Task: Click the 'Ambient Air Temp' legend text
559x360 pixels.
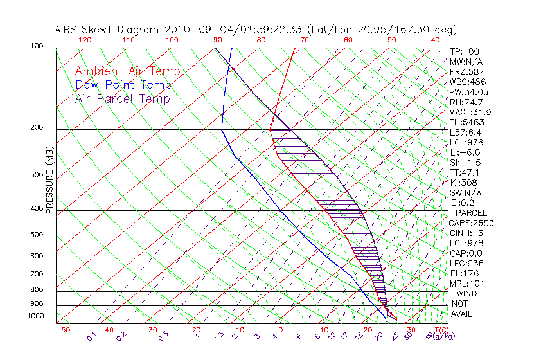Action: pyautogui.click(x=127, y=71)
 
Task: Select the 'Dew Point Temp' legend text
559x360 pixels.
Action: pyautogui.click(x=123, y=85)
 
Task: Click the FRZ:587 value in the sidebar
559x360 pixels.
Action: pyautogui.click(x=467, y=71)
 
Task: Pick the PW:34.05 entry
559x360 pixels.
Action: pyautogui.click(x=469, y=92)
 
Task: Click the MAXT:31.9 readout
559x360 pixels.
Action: pyautogui.click(x=471, y=112)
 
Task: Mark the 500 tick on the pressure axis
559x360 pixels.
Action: pyautogui.click(x=37, y=235)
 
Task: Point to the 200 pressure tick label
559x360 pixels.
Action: pyautogui.click(x=37, y=127)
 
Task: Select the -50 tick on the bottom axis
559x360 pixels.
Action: pyautogui.click(x=63, y=330)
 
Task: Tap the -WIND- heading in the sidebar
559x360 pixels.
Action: pyautogui.click(x=467, y=293)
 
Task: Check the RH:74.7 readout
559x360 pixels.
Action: pyautogui.click(x=466, y=102)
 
